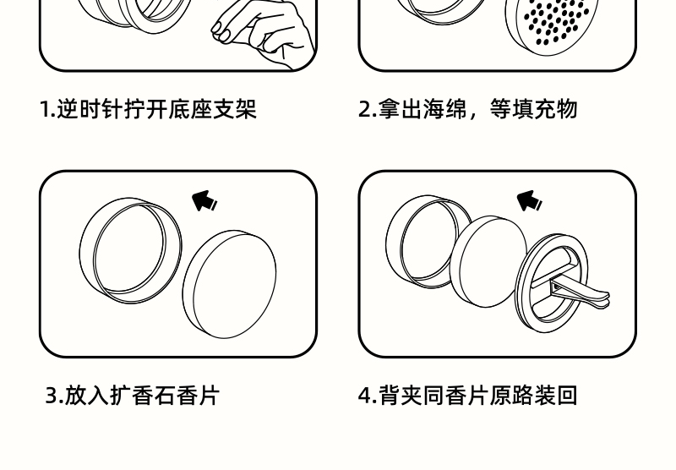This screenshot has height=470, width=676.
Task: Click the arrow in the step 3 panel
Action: click(204, 201)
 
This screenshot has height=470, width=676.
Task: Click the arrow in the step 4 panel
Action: click(529, 200)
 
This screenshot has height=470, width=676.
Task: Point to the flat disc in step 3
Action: click(230, 283)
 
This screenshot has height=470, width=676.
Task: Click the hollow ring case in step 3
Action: click(129, 249)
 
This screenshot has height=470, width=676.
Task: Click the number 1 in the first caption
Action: click(45, 109)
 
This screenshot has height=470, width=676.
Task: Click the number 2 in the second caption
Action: click(365, 109)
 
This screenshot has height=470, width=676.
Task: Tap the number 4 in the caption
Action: click(365, 396)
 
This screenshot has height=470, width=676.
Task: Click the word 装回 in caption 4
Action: click(556, 396)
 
